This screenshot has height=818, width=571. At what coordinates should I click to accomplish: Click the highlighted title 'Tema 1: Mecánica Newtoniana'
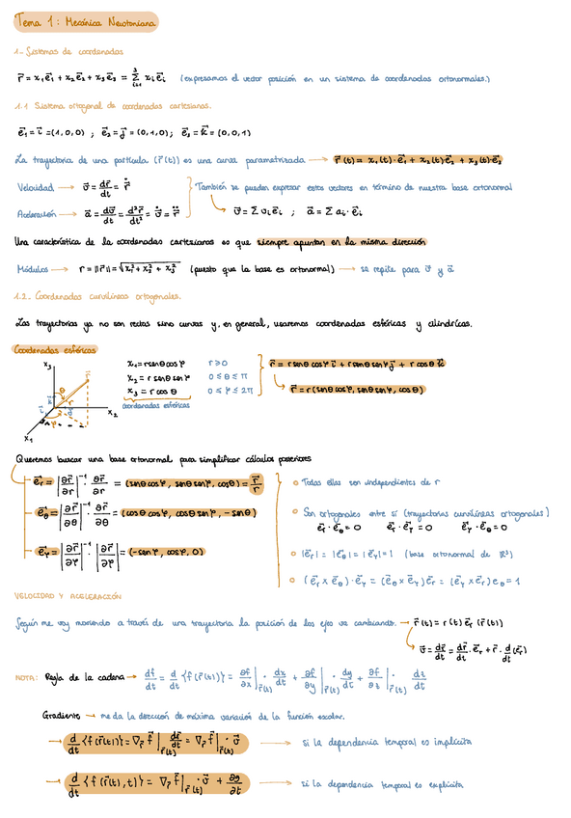(86, 21)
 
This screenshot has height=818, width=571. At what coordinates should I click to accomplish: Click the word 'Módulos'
(38, 271)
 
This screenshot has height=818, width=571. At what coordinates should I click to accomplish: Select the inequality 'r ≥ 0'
(219, 366)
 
